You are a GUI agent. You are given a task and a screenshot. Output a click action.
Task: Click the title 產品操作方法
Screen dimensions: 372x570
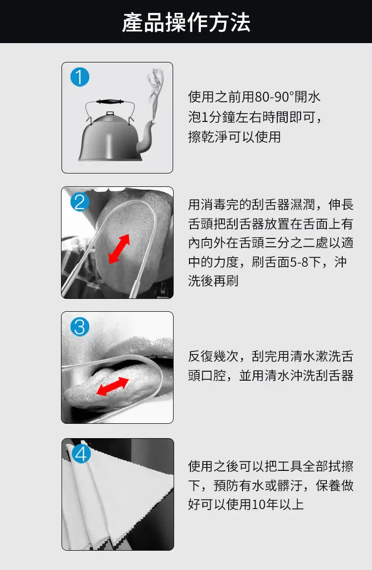pos(186,22)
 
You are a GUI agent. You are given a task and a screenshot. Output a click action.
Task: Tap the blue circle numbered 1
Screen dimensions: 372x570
pos(80,77)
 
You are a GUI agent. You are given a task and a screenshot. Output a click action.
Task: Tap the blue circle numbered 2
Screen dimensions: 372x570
pos(80,202)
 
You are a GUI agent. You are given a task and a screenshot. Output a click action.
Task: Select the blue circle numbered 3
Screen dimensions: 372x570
pos(80,327)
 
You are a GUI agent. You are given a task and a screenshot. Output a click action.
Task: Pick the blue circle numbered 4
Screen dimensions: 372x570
pos(81,454)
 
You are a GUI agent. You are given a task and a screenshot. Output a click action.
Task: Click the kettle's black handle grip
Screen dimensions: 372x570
pos(109,102)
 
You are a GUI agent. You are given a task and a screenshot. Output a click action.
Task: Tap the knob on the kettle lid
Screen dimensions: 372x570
pos(110,114)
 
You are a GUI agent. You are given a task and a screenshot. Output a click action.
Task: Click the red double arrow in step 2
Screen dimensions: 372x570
pos(119,249)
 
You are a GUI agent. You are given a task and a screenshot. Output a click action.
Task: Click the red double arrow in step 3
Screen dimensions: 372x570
pos(112,386)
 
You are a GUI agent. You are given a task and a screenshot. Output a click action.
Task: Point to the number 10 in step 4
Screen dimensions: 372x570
pos(258,505)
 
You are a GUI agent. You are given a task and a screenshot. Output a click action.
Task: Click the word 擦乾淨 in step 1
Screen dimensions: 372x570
pos(207,137)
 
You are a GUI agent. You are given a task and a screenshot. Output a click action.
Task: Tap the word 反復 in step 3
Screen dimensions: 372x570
pos(201,356)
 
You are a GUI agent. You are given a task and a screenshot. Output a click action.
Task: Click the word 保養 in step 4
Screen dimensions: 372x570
pos(328,485)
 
